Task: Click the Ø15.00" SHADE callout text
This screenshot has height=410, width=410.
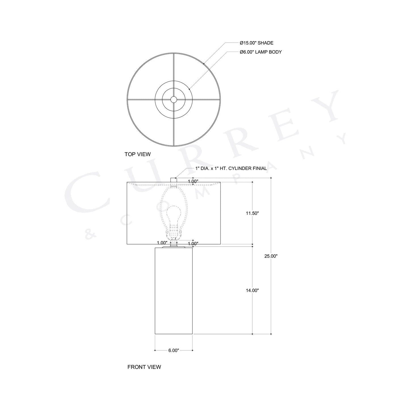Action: point(256,43)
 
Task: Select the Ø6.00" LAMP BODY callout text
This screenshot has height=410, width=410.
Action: point(260,52)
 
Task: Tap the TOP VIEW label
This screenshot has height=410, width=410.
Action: point(138,154)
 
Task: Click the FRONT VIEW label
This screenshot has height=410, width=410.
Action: point(144,367)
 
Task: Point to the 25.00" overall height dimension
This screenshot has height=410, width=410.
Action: point(271,256)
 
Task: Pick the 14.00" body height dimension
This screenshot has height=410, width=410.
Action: point(252,290)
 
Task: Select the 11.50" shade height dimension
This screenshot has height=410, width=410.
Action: point(252,213)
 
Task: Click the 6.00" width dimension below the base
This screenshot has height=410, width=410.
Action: point(174,350)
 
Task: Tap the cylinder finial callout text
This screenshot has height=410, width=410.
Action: point(231,168)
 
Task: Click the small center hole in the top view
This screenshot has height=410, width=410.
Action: point(173,99)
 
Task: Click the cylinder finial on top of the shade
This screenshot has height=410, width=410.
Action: point(173,180)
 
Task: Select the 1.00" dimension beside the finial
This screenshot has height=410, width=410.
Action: point(193,181)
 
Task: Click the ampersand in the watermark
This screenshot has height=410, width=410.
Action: point(89,235)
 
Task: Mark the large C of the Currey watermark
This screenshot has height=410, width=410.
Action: point(82,196)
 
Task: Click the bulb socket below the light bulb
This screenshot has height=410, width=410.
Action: point(173,230)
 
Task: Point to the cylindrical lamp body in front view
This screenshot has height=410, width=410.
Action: point(174,291)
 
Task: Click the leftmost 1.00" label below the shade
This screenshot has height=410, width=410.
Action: point(162,243)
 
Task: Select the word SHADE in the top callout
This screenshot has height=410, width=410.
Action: point(266,43)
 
